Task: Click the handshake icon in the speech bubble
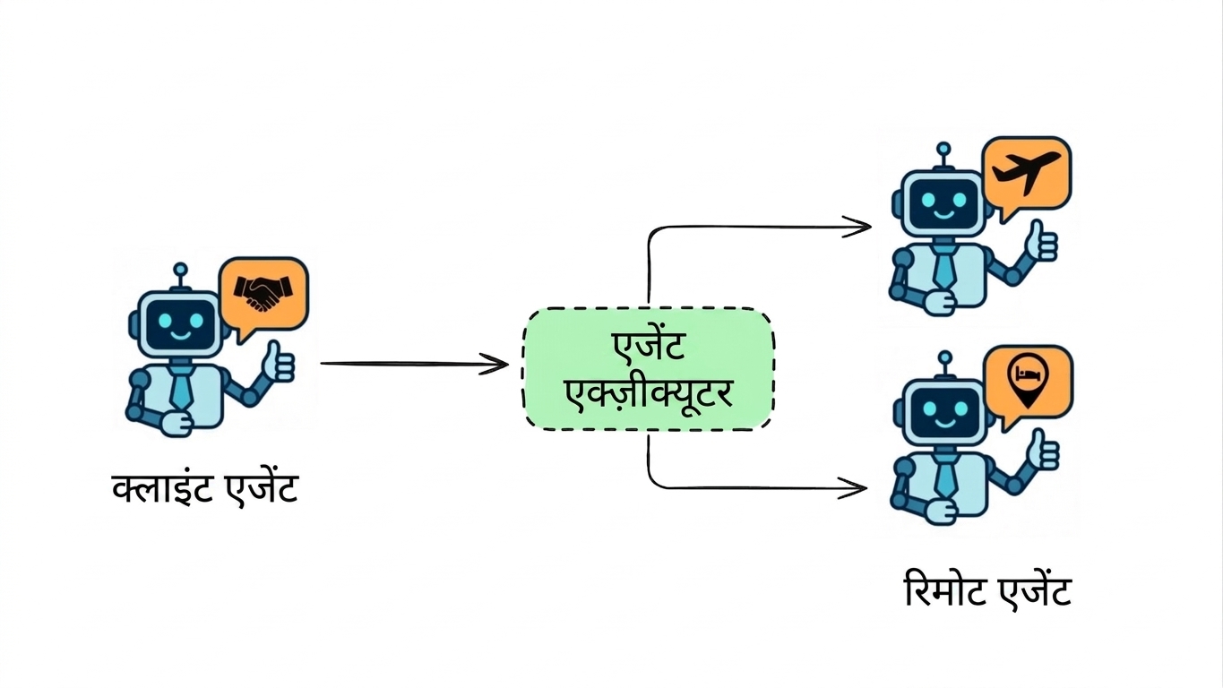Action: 263,293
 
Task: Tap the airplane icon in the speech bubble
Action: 1026,171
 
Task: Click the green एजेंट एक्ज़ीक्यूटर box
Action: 649,369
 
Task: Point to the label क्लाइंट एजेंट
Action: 205,489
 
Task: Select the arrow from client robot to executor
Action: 415,364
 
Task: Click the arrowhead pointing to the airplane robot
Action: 857,227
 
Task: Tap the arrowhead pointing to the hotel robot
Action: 853,487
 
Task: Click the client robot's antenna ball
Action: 180,270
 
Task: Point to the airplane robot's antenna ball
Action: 943,149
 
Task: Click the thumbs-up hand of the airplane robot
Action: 1041,241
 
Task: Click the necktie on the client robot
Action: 180,387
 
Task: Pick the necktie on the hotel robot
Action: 945,477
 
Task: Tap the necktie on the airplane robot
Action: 943,267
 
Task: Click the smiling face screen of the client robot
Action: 180,323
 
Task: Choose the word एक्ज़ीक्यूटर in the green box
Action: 649,394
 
